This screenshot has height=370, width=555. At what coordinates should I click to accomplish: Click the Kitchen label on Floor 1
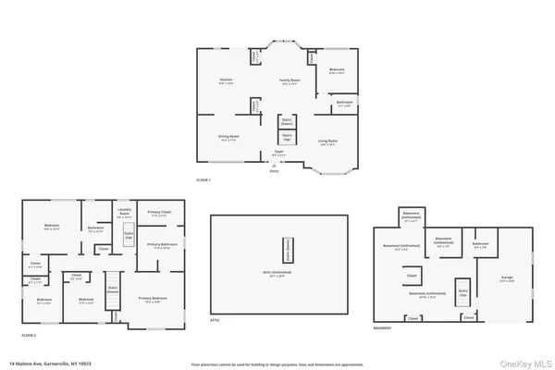click(x=225, y=81)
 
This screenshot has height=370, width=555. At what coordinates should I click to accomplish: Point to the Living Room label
click(x=328, y=141)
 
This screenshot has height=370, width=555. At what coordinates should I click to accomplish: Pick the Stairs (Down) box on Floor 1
click(x=287, y=121)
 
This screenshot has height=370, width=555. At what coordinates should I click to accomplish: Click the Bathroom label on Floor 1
click(x=344, y=103)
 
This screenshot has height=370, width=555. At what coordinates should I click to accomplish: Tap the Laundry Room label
click(x=124, y=213)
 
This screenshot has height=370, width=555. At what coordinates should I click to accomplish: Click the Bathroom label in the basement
click(x=480, y=246)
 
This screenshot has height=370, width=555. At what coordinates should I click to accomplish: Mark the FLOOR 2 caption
click(x=30, y=334)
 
